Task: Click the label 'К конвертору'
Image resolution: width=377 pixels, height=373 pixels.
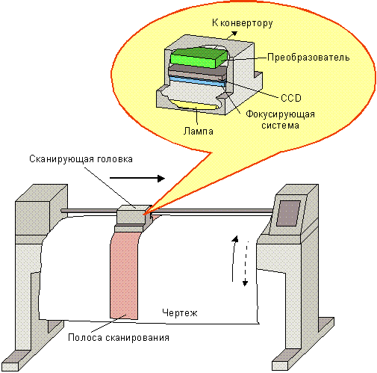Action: coord(243,23)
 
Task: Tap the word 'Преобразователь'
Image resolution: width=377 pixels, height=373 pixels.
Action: coord(308,58)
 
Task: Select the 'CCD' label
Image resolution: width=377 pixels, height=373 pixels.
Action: coord(291,98)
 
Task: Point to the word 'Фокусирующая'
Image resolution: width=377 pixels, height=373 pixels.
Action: coord(280,114)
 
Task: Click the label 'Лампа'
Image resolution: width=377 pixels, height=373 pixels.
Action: coord(199,131)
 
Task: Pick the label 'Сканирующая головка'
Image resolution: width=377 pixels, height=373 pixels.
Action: coord(81,159)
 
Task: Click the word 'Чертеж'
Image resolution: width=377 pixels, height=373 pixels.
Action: coord(180,312)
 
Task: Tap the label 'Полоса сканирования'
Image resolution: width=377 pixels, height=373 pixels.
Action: coord(119,338)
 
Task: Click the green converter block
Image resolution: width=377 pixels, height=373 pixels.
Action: coord(199,58)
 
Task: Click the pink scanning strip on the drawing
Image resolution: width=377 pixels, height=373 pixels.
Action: coord(124,275)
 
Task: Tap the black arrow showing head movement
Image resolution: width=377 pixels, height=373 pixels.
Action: coord(137,178)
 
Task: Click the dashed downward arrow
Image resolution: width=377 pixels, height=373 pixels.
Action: coord(246,264)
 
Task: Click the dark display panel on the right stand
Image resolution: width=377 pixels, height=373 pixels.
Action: coord(289,213)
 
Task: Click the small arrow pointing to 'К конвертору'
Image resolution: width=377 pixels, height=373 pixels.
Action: coord(231,35)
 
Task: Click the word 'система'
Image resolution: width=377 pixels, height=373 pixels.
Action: coord(280,126)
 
